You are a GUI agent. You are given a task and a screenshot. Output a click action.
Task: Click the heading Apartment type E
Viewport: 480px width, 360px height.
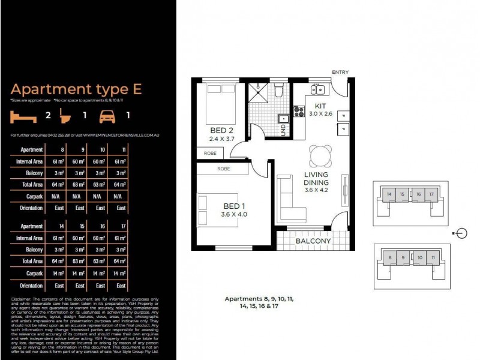pos(76,89)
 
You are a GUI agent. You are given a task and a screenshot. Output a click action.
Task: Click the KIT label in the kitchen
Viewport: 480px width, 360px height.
pos(320,106)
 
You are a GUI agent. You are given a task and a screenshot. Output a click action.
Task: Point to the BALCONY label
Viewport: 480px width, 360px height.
pos(313,241)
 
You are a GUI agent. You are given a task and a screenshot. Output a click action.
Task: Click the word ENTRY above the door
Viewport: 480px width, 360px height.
pos(340,73)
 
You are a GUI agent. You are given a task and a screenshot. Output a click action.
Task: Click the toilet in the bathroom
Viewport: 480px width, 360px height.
pos(278,91)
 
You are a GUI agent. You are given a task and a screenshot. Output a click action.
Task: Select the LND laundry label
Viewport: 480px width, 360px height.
pos(283,131)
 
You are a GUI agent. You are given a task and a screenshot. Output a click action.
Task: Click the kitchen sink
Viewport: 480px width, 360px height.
pos(317,90)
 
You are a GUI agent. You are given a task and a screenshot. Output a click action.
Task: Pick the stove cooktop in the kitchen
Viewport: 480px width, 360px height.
pos(298,112)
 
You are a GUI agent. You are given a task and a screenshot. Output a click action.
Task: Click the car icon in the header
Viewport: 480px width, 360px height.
pos(107,115)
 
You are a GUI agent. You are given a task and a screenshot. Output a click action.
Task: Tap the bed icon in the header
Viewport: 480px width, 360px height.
pos(23,115)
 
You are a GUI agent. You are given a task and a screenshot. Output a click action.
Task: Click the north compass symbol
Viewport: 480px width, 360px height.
pos(461,233)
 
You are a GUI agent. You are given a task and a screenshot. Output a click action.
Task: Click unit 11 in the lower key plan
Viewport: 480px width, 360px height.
pos(433,257)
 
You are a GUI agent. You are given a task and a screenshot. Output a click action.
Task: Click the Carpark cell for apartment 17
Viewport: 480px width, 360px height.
pos(121,274)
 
